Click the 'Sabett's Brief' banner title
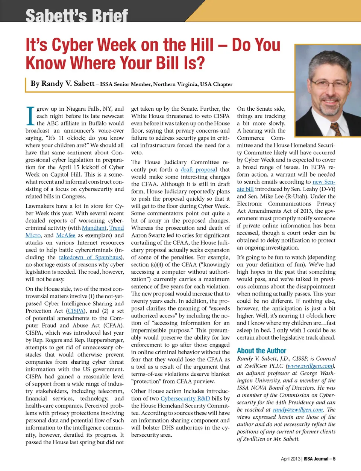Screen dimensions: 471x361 click(77, 15)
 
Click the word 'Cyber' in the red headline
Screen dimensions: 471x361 click(73, 45)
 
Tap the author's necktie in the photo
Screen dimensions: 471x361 click(335, 128)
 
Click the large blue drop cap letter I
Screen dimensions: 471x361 click(30, 116)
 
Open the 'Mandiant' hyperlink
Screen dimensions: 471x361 click(94, 228)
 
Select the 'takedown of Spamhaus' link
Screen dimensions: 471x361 click(90, 257)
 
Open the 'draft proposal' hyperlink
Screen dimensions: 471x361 click(198, 170)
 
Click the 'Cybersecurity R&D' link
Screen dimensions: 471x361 click(185, 398)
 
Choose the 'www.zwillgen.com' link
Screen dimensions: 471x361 click(310, 366)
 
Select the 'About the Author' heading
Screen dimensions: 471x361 click(261, 351)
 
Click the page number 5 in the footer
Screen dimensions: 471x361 click(334, 459)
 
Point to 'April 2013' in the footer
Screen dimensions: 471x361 click(290, 459)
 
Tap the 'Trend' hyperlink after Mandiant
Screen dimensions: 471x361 click(117, 228)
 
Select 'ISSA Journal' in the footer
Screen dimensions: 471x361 click(316, 459)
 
